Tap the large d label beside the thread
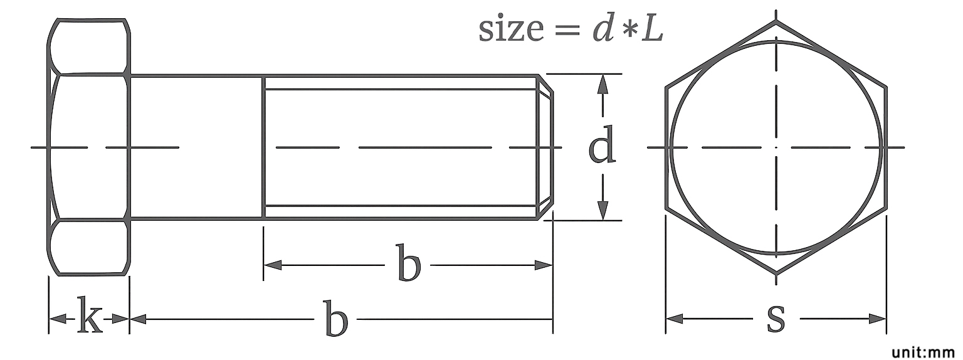(x=603, y=144)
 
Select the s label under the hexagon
(x=776, y=318)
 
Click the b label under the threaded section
(x=408, y=262)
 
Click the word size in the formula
(x=511, y=29)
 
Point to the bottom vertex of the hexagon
(x=776, y=273)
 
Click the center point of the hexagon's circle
(x=776, y=147)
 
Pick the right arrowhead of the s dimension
(x=877, y=319)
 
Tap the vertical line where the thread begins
(x=263, y=147)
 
